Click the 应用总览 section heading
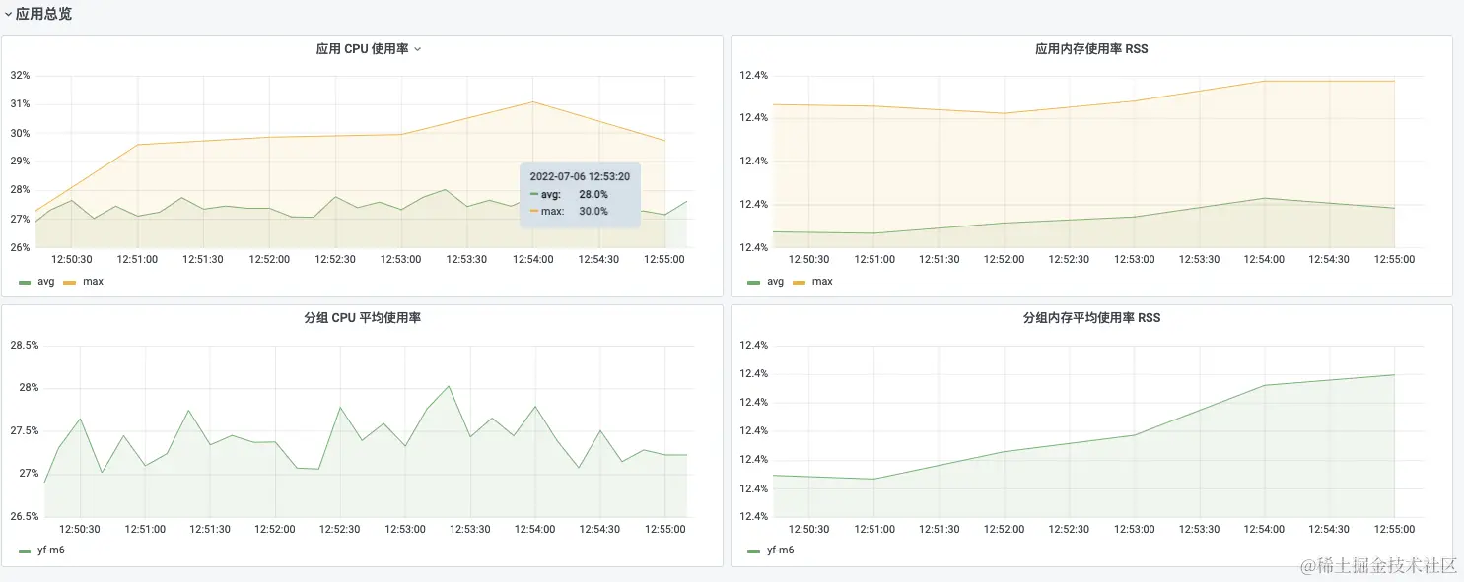[x=43, y=14]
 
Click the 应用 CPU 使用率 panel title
[x=362, y=49]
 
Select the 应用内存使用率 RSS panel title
[x=1091, y=49]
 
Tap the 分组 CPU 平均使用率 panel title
[x=362, y=318]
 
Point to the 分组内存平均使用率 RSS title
[x=1091, y=318]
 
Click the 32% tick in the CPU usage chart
[x=20, y=76]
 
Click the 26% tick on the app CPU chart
[x=20, y=247]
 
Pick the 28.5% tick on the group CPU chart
[x=25, y=346]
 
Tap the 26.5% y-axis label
[x=25, y=517]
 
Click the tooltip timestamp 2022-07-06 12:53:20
[x=580, y=177]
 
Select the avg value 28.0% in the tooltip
[x=593, y=195]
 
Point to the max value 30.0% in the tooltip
[x=593, y=211]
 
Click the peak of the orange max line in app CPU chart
[x=532, y=101]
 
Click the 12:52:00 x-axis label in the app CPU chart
[x=269, y=260]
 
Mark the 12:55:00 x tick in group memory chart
[x=1394, y=530]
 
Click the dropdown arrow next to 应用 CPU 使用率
[x=418, y=49]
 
